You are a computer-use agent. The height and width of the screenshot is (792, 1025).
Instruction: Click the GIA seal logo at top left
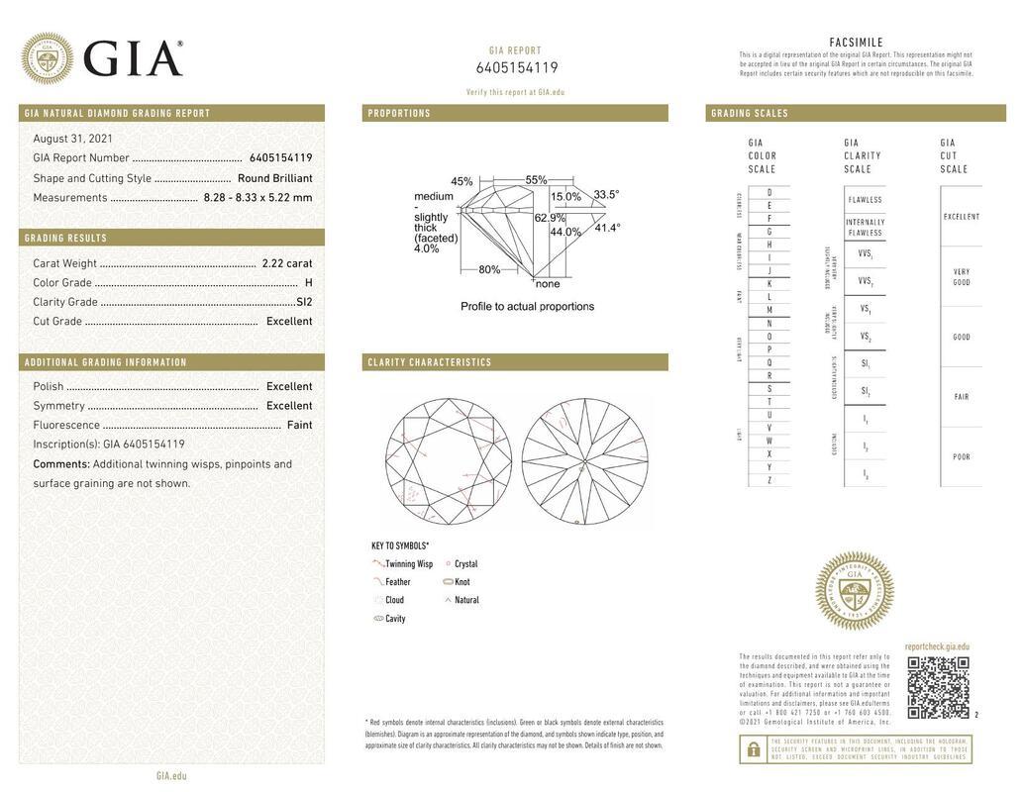(47, 58)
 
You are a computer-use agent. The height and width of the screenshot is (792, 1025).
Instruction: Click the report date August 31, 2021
(72, 139)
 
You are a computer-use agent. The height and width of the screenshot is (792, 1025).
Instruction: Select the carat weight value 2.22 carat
(286, 263)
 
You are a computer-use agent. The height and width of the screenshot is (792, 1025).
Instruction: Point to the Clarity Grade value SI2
(304, 302)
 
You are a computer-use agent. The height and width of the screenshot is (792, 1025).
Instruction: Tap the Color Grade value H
(308, 283)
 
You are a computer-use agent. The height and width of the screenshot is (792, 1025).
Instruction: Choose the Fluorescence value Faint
(299, 425)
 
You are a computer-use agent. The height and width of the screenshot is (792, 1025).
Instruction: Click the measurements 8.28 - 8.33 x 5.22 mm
(257, 197)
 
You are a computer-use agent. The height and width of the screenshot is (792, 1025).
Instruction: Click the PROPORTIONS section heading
(399, 114)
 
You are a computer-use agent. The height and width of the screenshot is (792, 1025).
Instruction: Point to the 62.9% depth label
(550, 218)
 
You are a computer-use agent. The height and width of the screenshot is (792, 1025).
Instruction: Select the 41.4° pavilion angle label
(607, 228)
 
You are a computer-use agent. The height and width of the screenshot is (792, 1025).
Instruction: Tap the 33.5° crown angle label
(606, 195)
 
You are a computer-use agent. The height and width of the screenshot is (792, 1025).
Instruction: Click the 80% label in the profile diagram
(489, 270)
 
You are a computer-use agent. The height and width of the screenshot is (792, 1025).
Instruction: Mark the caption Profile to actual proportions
(527, 307)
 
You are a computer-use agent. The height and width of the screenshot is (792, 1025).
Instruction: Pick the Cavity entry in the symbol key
(394, 619)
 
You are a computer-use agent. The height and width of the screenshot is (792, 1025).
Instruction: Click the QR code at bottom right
(937, 687)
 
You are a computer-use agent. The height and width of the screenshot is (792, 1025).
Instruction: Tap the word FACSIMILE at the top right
(856, 43)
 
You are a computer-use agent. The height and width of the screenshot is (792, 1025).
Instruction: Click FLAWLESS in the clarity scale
(865, 200)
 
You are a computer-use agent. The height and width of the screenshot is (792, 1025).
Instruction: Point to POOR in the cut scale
(961, 457)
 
